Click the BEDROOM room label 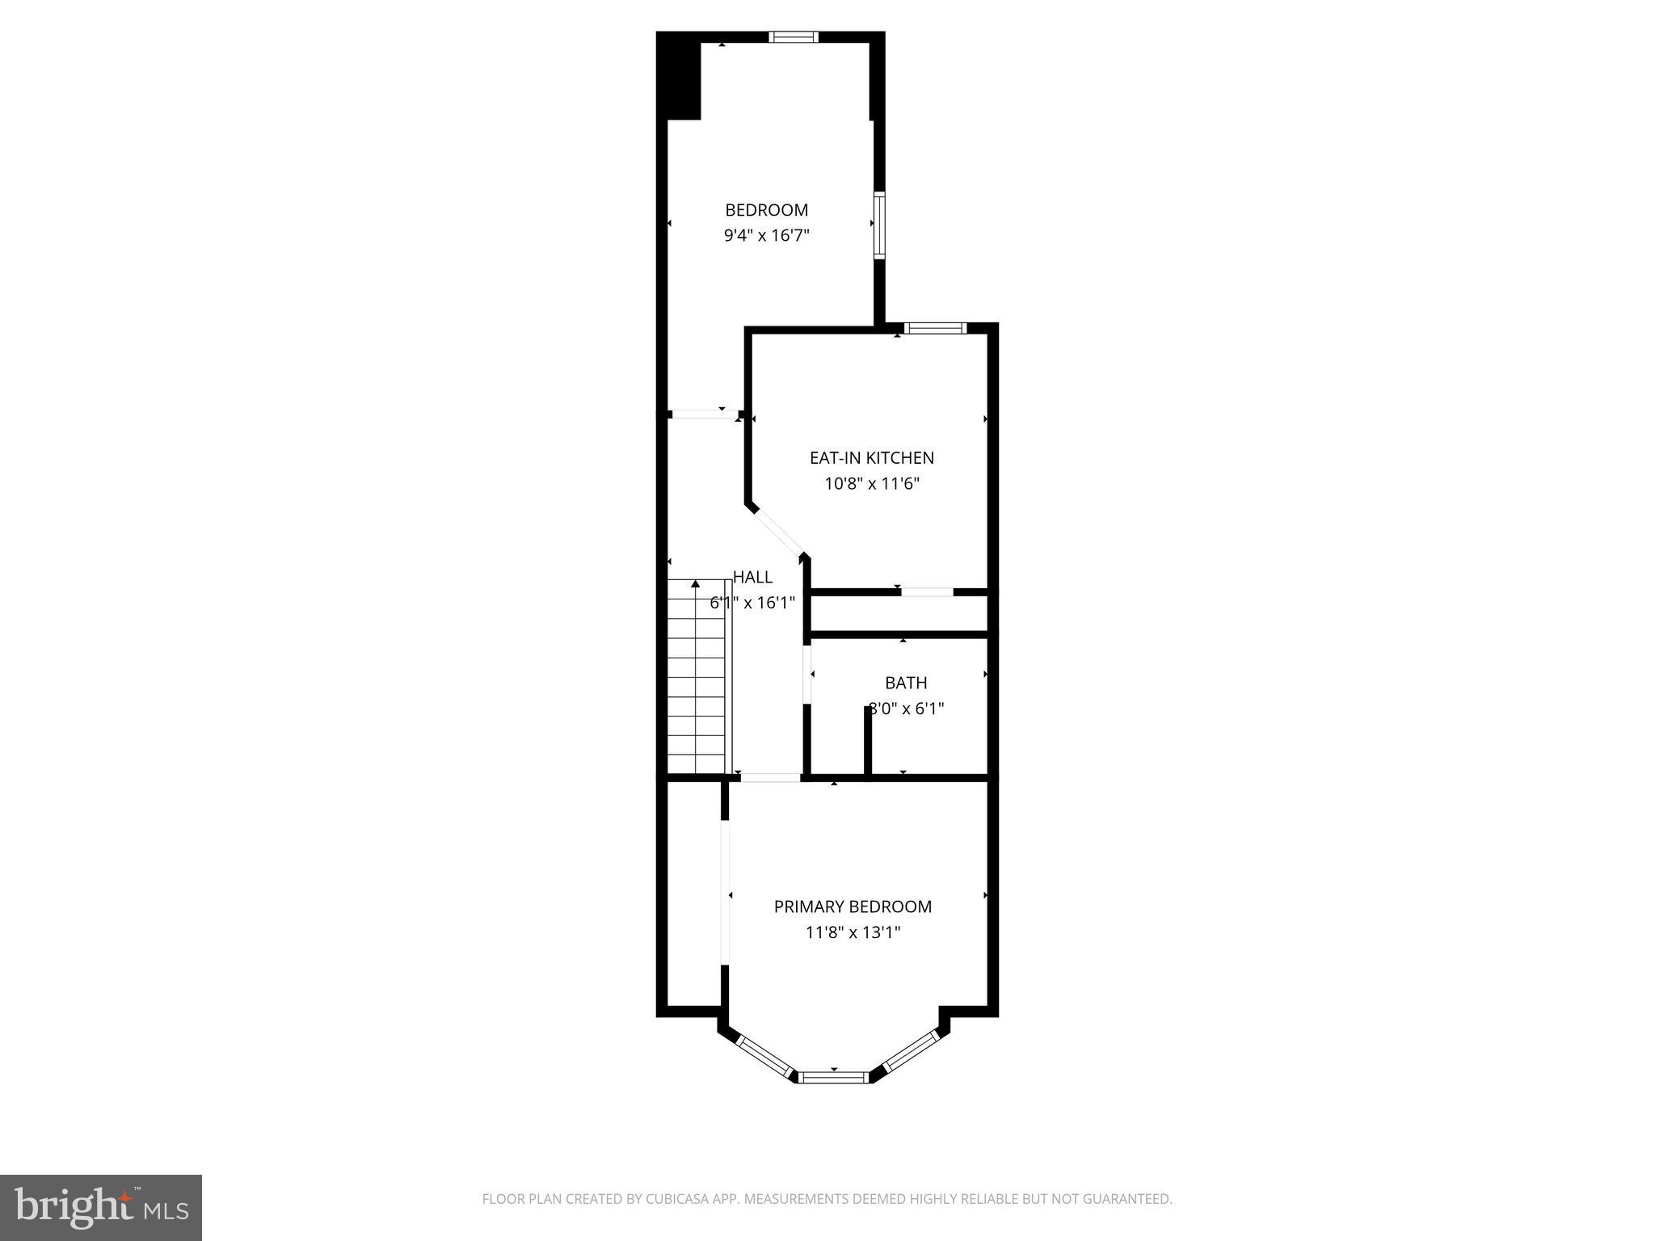point(766,210)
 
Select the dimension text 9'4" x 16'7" point(766,236)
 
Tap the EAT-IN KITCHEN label point(871,458)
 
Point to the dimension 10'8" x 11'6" point(871,484)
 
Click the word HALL point(752,577)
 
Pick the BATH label point(905,683)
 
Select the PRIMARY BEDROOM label point(853,907)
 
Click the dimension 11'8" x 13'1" point(853,932)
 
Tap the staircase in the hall point(697,679)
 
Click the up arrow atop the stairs point(695,583)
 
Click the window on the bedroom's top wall point(793,37)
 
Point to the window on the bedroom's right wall point(879,225)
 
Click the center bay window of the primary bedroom point(834,1076)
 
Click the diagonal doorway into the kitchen point(777,531)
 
